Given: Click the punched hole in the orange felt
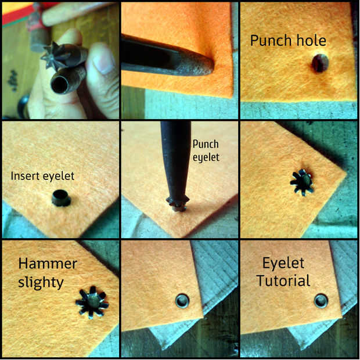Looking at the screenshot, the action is pos(320,63).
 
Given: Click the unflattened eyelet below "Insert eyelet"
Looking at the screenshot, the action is pos(61,198).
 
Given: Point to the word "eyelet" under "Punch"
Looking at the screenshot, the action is pos(206,157).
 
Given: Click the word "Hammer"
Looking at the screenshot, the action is pos(48,264).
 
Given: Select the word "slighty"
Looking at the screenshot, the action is pos(41,283).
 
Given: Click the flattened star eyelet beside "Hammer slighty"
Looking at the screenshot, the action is pos(92,303).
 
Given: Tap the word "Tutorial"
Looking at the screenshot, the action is pos(283,281).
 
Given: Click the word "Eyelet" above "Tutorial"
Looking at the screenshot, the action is pos(283,263).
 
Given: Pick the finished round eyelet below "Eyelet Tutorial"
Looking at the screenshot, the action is pos(321,301).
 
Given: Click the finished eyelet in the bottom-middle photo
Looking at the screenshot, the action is pos(182,301).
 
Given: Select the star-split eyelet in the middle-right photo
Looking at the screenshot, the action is pos(303,182).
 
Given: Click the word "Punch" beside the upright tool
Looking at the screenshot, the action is pos(206,144).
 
